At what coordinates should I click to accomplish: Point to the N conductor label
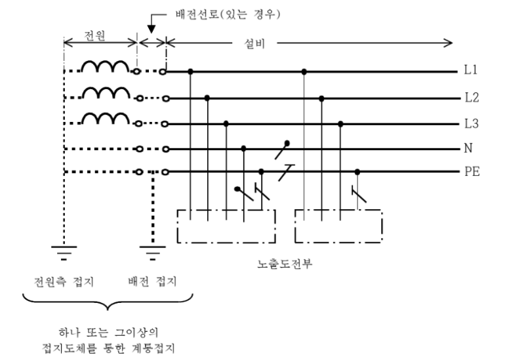[468, 148]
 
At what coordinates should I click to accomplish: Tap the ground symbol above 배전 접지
[153, 248]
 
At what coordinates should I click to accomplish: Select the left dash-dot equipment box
[226, 226]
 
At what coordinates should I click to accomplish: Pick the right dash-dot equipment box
[338, 226]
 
